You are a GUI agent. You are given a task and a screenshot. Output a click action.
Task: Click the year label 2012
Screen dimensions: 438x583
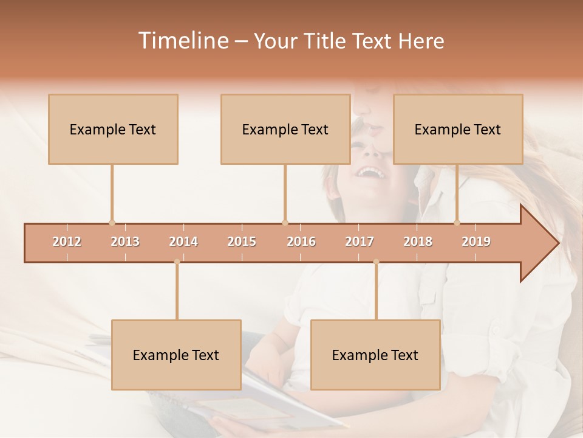pos(67,242)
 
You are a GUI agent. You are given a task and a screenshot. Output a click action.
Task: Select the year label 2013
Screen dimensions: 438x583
pos(125,242)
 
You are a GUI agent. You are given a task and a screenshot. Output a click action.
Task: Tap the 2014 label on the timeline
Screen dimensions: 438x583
pos(183,242)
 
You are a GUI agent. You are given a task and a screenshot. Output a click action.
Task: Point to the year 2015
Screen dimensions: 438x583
pos(242,242)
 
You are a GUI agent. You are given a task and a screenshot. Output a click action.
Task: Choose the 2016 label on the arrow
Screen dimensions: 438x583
pos(301,242)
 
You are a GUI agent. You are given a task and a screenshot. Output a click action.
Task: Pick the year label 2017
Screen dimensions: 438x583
pos(360,242)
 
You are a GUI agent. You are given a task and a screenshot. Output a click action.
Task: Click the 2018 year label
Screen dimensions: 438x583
pos(418,242)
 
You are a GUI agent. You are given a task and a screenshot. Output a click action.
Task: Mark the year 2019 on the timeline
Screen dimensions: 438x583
pos(476,242)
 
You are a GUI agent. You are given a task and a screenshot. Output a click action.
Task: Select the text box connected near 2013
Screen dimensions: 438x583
pos(113,130)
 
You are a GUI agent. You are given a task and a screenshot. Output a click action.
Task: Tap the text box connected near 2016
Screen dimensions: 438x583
pos(285,130)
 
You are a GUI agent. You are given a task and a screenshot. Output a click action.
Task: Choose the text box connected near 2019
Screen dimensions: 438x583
pos(458,130)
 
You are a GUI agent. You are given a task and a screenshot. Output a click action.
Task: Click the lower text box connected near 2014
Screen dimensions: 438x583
pos(176,355)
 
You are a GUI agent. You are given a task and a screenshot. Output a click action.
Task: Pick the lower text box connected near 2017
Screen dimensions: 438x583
pos(375,355)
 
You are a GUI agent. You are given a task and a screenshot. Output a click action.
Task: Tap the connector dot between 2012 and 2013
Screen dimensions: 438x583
pos(112,223)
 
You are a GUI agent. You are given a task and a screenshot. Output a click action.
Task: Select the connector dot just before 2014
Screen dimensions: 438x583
pos(177,262)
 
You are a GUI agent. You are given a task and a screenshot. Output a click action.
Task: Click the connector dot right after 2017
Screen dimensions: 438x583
pos(376,262)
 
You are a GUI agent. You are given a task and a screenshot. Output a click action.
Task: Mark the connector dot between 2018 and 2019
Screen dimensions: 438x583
pos(457,223)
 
